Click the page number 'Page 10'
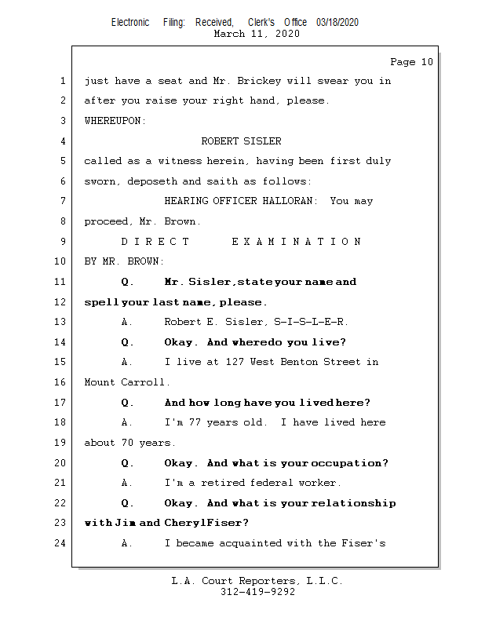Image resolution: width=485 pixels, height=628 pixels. pos(411,62)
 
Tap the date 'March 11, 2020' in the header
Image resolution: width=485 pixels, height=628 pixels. pos(257,34)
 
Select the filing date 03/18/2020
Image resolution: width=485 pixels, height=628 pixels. pos(337,22)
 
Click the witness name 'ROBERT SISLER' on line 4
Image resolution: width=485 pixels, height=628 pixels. pos(241,141)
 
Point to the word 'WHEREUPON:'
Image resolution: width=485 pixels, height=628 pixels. pos(115,121)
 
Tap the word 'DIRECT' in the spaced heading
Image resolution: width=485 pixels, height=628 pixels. pos(155,242)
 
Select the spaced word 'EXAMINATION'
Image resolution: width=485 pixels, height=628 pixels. pos(297,242)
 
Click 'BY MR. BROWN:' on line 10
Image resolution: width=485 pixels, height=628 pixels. pos(125,261)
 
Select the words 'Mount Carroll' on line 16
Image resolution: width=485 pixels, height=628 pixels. pos(126,382)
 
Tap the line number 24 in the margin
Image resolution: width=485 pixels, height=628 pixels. pos(61,543)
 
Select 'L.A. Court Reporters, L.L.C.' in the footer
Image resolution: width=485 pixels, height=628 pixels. pos(257,581)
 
